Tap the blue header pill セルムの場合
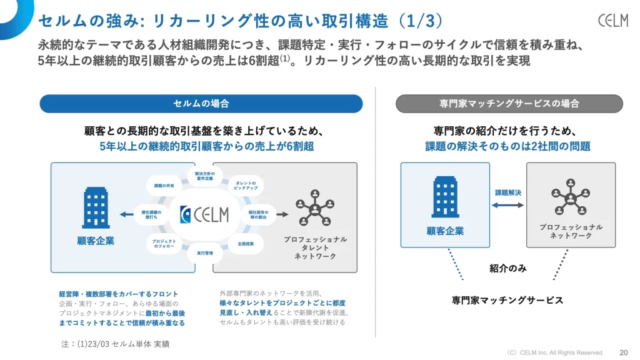(201, 104)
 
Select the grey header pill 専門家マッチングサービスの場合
(509, 104)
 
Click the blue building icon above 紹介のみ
(445, 197)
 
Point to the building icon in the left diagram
(96, 209)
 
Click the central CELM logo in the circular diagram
(204, 214)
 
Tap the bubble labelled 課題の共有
(164, 186)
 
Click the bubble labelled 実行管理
(205, 252)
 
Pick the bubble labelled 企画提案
(246, 243)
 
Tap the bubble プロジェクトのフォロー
(164, 243)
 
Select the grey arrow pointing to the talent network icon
(281, 214)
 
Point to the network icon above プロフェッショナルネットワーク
(571, 199)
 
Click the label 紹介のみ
(507, 269)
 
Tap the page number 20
(623, 352)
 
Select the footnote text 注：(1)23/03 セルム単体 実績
(116, 344)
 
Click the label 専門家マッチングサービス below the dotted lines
(507, 301)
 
